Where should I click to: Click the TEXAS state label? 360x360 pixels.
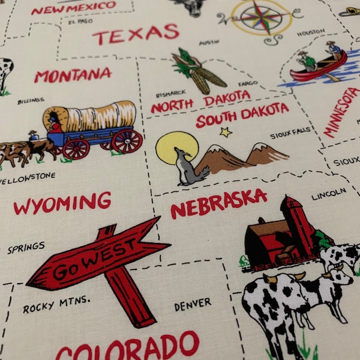(x=136, y=35)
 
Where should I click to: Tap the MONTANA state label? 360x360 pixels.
(x=73, y=75)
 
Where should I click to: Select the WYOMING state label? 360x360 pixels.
(x=62, y=203)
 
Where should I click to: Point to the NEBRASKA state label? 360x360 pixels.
(x=218, y=203)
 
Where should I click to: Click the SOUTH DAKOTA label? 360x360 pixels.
(x=242, y=114)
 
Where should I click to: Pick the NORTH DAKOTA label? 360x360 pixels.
(x=200, y=102)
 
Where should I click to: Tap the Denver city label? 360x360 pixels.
(x=193, y=304)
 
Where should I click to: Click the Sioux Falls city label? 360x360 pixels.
(x=290, y=135)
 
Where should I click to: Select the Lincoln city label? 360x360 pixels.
(x=329, y=194)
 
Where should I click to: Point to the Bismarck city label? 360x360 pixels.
(x=166, y=94)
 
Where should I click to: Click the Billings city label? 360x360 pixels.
(x=30, y=101)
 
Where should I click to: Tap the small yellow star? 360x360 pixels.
(x=226, y=132)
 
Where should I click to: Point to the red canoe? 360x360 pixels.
(x=319, y=68)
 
